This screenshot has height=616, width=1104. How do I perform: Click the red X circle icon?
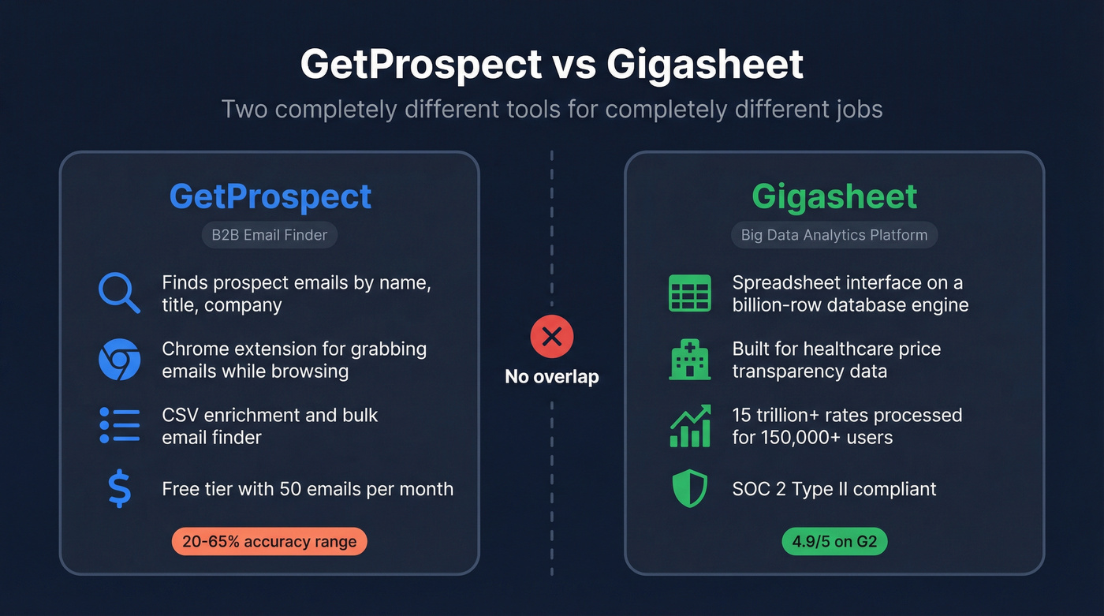(552, 338)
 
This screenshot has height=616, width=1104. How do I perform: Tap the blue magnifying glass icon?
(119, 293)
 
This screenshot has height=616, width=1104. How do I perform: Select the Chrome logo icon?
(119, 360)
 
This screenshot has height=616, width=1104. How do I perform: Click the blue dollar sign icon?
(120, 489)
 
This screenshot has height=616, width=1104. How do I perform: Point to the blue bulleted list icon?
(120, 425)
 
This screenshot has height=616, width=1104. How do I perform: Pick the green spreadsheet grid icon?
(689, 293)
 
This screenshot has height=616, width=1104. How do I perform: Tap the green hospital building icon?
(689, 360)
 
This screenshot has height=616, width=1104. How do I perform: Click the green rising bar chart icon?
(689, 426)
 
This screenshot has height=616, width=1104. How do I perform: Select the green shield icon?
(689, 489)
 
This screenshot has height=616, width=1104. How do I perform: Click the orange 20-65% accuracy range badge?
(269, 542)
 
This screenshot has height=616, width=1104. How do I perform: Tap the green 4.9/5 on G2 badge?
(834, 542)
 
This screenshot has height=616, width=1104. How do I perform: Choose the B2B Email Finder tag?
(270, 235)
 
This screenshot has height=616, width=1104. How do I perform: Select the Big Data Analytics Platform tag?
(834, 235)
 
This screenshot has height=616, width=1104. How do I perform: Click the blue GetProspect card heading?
(270, 196)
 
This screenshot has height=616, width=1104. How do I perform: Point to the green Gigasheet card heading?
(834, 196)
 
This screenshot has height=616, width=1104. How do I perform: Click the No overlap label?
(552, 377)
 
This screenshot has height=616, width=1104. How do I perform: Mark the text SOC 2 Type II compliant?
(834, 489)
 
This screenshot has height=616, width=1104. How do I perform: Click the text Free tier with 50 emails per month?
(308, 489)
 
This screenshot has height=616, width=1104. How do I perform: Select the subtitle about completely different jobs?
(552, 108)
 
